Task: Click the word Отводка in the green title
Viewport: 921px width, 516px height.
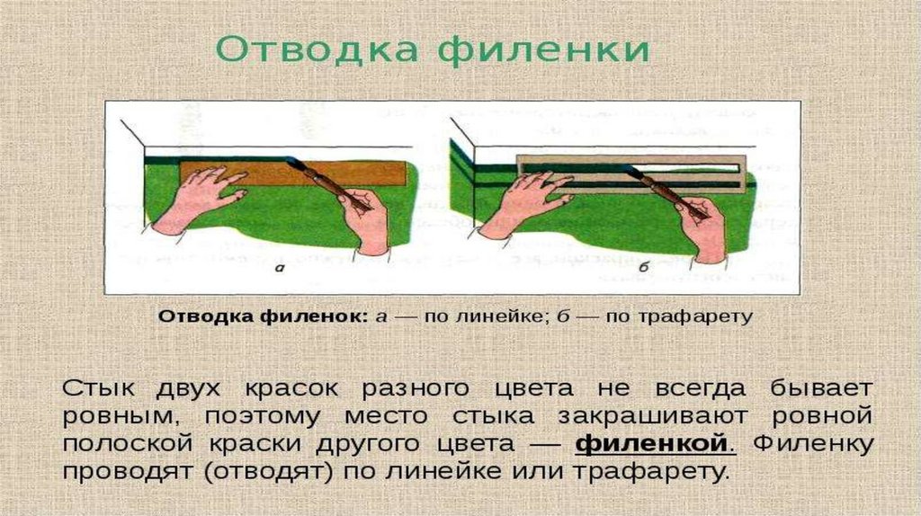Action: click(317, 49)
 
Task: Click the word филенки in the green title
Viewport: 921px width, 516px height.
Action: click(544, 49)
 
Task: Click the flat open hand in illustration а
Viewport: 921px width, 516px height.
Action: click(196, 200)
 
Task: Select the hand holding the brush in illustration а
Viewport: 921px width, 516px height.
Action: click(364, 220)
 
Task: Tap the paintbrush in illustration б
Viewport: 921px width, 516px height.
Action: click(666, 192)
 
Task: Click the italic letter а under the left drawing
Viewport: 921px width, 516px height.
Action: click(280, 268)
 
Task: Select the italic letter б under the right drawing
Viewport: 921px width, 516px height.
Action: click(644, 267)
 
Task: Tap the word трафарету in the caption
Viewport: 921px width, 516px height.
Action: click(695, 317)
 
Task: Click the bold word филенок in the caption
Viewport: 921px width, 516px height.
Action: click(313, 316)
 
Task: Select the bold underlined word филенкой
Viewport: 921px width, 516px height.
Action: click(653, 443)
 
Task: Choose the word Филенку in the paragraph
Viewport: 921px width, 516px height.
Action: click(812, 443)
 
